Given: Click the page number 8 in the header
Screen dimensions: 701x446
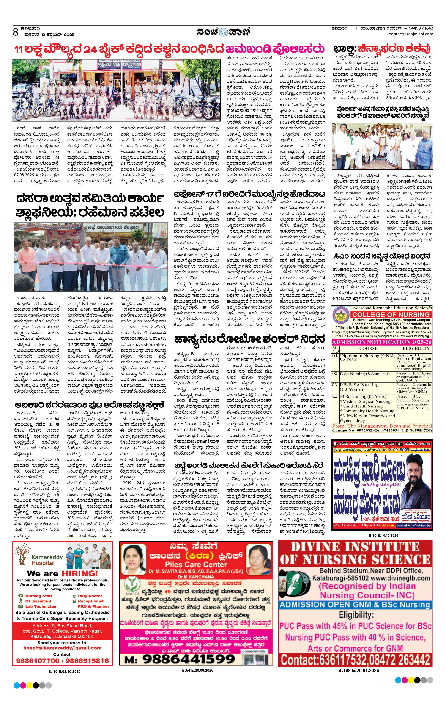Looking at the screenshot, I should pos(16,32).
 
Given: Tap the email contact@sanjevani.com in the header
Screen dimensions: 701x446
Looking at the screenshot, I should pos(411,34).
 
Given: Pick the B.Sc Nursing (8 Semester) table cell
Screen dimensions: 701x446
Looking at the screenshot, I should pos(364,374).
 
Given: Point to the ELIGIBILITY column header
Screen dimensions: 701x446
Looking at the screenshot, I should pos(416,349).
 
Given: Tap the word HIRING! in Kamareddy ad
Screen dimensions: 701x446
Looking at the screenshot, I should pos(79,573).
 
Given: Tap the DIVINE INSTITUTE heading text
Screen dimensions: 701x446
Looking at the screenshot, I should pos(355,546).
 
